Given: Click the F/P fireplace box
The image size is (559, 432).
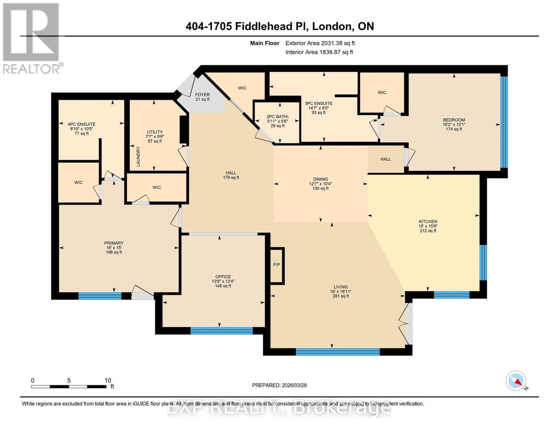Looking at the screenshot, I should (x=277, y=265).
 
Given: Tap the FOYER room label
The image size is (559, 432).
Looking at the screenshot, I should (x=202, y=95).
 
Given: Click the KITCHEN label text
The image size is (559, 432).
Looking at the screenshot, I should (x=428, y=222).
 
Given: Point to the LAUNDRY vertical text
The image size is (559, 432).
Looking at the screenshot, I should (x=138, y=156).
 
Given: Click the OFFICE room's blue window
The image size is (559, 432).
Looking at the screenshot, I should (x=221, y=331).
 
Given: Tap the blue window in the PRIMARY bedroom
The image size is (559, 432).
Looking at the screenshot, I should (x=100, y=296).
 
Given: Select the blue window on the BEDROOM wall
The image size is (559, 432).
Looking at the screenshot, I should (x=504, y=122).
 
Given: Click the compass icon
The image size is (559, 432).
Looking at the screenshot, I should (x=516, y=381).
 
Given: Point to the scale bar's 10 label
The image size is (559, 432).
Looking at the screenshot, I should (x=108, y=381).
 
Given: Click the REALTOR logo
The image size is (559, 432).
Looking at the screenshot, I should (x=31, y=38).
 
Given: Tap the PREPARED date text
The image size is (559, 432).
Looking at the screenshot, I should (x=279, y=385).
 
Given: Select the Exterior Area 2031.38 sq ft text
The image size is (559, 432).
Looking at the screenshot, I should (x=320, y=43).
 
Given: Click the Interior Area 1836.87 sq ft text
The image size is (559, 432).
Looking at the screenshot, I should (x=319, y=52).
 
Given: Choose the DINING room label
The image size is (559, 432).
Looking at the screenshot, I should (x=320, y=179).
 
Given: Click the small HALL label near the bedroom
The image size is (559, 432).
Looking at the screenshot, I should (x=386, y=159).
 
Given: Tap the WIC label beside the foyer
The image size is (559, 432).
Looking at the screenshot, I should (x=242, y=88).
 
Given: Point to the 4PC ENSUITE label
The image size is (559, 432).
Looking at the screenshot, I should (x=82, y=124).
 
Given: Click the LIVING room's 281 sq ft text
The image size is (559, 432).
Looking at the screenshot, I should (x=341, y=296).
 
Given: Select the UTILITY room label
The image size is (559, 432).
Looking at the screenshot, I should (x=155, y=132).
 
